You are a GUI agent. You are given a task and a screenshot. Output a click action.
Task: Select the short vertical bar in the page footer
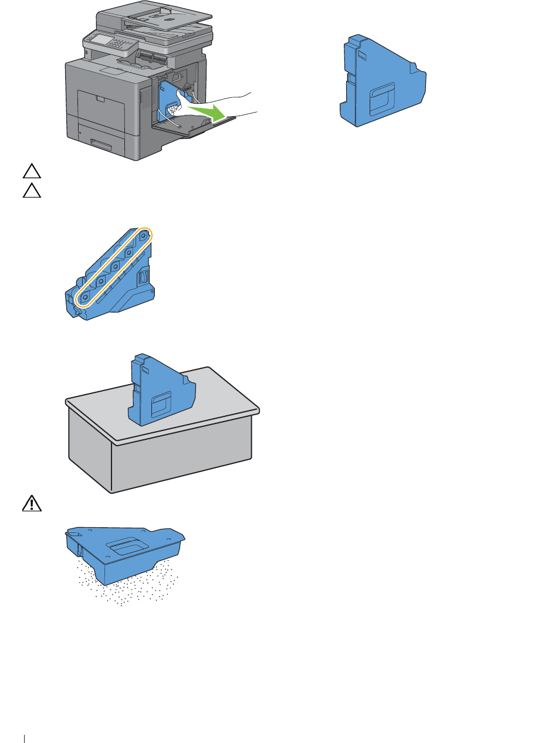click(x=25, y=734)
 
